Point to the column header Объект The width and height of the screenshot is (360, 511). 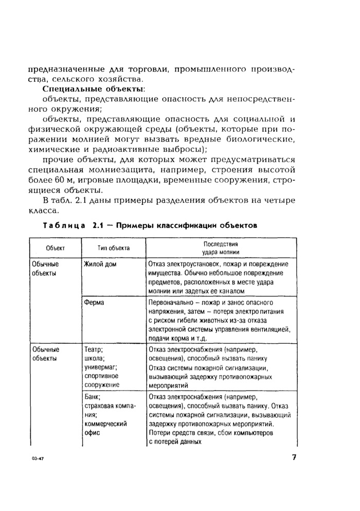click(55, 248)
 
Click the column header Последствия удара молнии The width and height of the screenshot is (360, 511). click(221, 248)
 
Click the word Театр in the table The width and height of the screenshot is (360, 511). click(93, 349)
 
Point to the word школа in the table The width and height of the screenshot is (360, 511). click(94, 358)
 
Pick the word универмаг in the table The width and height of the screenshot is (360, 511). click(101, 367)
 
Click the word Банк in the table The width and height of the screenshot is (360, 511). click(92, 397)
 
